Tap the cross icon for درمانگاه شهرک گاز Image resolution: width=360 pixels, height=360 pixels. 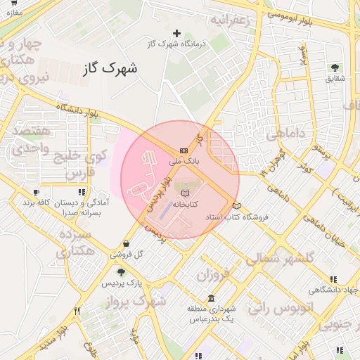click(x=176, y=33)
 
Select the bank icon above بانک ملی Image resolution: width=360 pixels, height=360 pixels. click(x=184, y=150)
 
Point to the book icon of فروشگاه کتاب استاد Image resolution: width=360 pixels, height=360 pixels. click(x=237, y=206)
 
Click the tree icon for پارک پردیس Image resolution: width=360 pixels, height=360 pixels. click(x=121, y=272)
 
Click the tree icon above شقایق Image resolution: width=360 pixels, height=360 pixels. click(x=334, y=67)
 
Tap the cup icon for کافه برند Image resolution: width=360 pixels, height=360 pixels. click(x=36, y=191)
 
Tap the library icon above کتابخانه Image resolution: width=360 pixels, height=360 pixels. click(x=185, y=193)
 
